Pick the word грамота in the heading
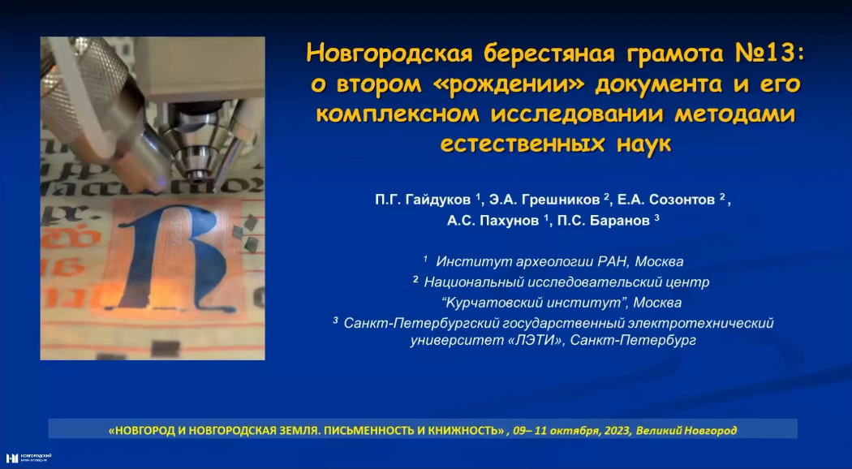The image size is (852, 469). (662, 54)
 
